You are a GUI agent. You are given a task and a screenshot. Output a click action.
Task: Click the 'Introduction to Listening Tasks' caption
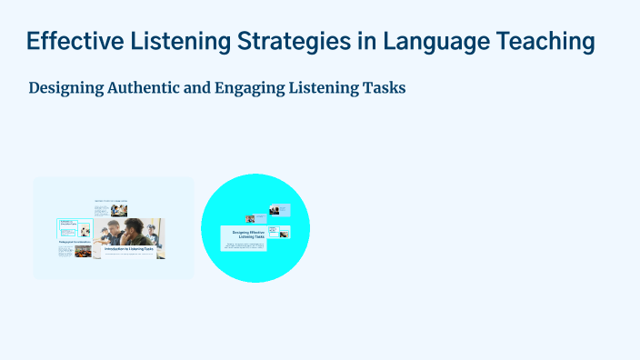[127, 248]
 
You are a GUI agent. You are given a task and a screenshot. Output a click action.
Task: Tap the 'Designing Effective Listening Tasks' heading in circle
[243, 235]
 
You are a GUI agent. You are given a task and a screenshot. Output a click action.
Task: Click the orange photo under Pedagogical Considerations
[83, 252]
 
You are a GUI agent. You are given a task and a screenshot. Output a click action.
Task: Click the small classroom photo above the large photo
[118, 210]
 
